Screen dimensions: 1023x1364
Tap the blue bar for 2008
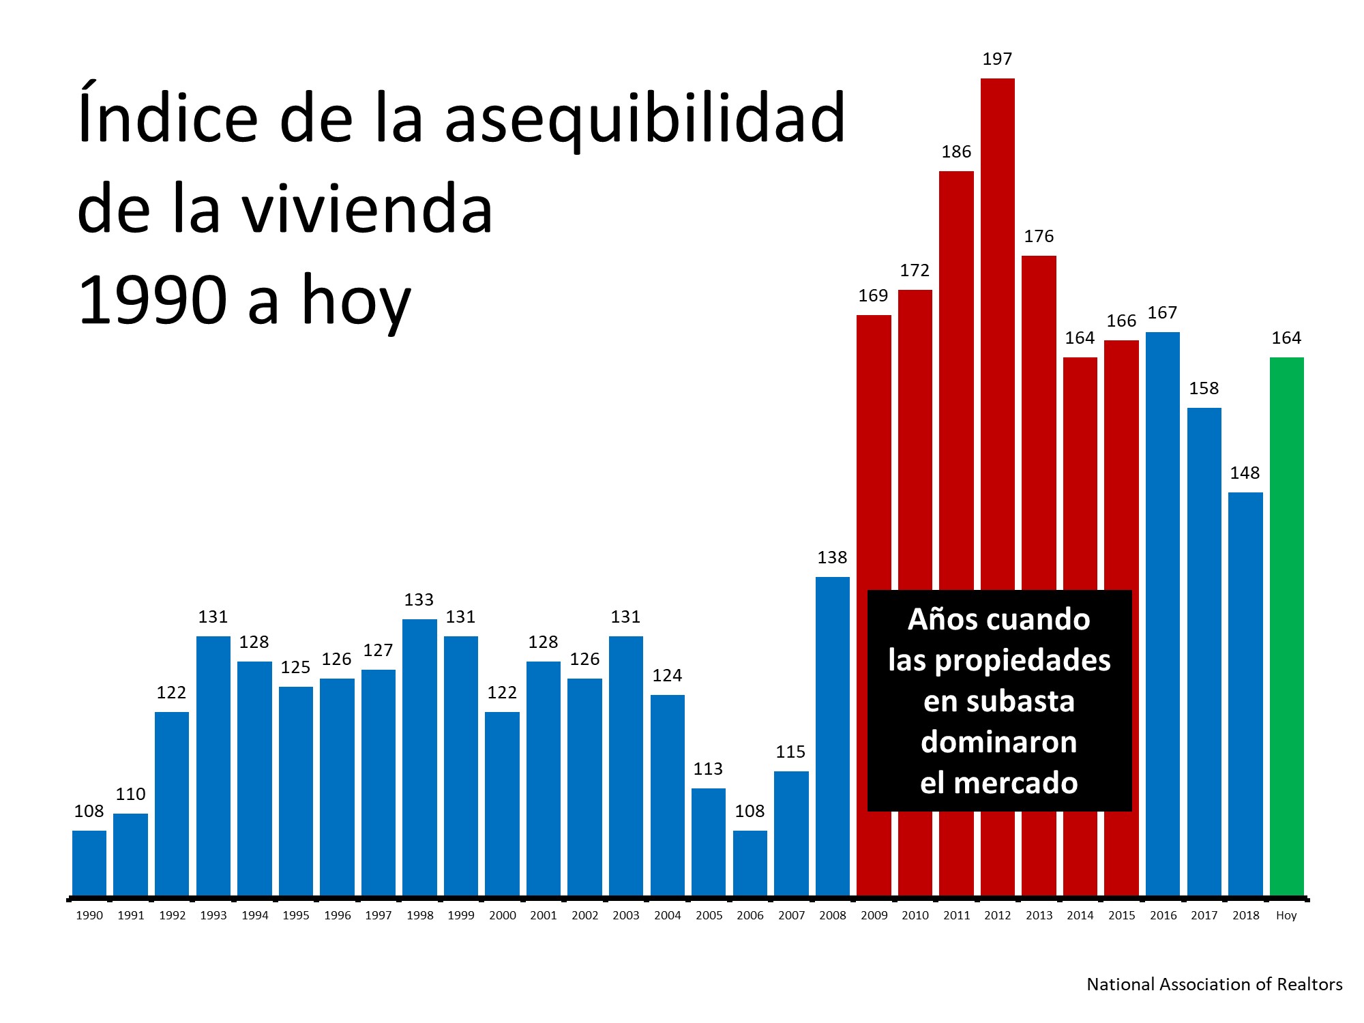(832, 737)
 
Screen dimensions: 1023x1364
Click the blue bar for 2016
(1162, 614)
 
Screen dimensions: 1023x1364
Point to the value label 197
(997, 59)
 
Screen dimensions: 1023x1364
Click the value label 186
(956, 152)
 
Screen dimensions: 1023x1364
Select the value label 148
(1245, 473)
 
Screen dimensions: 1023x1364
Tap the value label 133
(419, 600)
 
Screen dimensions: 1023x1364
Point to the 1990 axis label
(89, 916)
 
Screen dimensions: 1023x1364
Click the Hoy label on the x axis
(1286, 916)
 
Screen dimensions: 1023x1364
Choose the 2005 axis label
(709, 916)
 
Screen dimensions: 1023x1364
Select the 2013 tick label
(1039, 916)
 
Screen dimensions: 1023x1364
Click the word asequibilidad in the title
(644, 119)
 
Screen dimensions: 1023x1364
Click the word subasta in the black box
(1032, 702)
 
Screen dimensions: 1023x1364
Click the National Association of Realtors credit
(1214, 985)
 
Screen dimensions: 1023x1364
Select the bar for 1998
(419, 757)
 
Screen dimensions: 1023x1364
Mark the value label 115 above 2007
(790, 752)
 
